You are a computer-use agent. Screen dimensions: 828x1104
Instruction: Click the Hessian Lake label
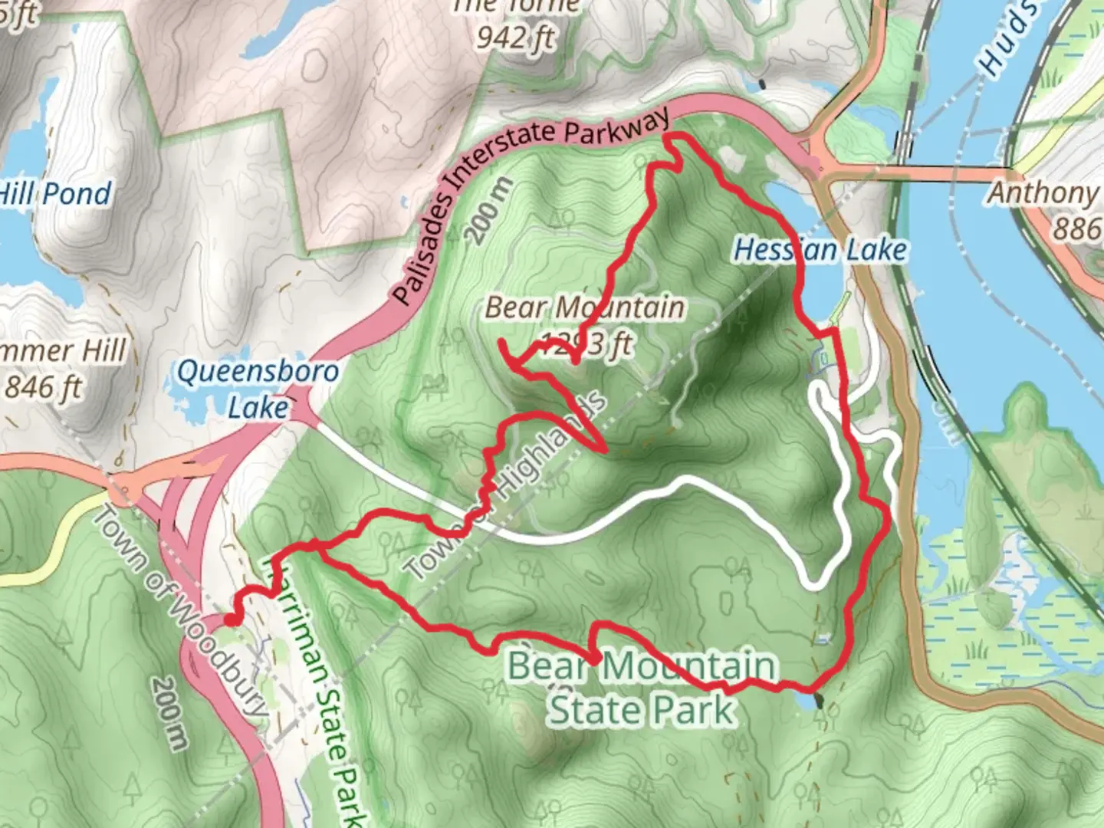pos(820,250)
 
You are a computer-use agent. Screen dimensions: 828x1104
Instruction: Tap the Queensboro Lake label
pos(258,389)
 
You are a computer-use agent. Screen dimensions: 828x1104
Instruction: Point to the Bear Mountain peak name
pos(584,308)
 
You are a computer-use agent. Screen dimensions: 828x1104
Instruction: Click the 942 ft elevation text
pos(516,37)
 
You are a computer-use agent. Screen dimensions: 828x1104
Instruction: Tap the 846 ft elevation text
pos(44,387)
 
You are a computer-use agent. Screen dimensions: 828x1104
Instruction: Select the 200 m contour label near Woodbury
pos(169,712)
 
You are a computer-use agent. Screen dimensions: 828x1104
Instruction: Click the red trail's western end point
pos(229,620)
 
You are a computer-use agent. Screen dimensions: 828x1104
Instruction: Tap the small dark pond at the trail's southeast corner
pos(818,699)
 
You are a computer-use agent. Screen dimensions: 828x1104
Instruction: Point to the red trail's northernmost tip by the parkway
pos(674,136)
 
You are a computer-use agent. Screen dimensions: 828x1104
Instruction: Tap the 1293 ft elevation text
pos(587,344)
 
